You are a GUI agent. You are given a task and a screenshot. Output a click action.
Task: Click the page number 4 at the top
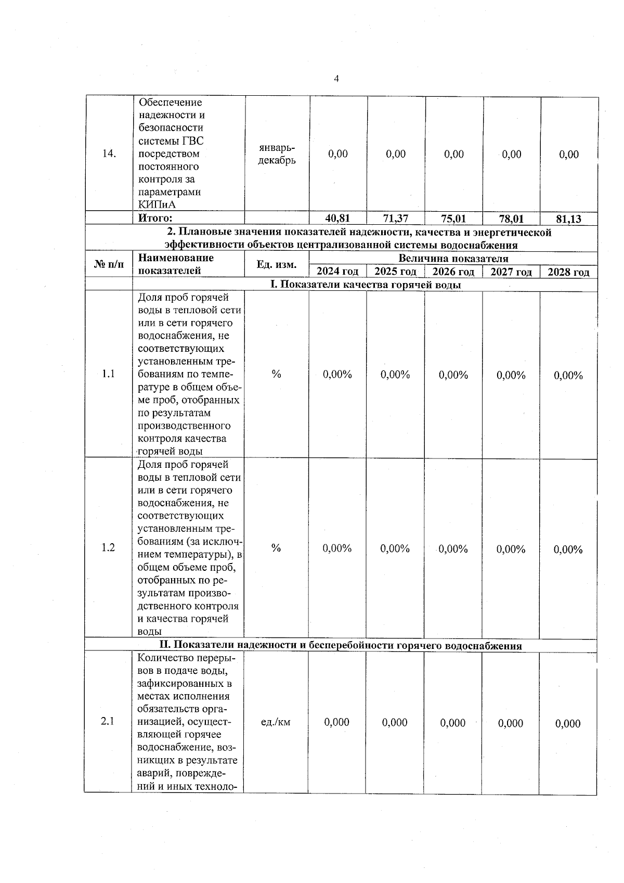pos(336,79)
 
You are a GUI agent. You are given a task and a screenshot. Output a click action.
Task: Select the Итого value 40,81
pos(337,219)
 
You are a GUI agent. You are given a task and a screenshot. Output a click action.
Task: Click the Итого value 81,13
pos(568,219)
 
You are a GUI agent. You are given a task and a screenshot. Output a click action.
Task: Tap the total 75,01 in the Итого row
pos(453,219)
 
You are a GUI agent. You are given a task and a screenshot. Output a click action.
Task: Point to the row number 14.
pos(109,154)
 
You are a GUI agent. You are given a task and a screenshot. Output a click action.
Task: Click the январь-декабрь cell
pos(277,154)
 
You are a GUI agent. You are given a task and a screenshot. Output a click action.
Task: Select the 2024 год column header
pos(337,272)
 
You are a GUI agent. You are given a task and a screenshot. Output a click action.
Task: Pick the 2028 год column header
pos(568,272)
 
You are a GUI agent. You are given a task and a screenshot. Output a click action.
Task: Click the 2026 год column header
pos(453,272)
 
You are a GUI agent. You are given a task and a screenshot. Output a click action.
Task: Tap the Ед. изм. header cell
pos(277,265)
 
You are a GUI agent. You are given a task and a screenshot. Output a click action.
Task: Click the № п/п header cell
pos(109,265)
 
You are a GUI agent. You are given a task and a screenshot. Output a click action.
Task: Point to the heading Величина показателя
pos(453,259)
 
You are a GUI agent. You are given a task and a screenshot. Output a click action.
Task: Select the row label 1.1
pos(108,374)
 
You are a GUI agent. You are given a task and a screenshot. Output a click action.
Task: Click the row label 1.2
pos(108,548)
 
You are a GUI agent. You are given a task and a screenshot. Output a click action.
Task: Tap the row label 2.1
pos(108,722)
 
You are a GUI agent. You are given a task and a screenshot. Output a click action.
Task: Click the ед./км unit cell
pos(276,722)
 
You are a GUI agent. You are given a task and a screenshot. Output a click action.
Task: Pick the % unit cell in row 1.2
pos(276,548)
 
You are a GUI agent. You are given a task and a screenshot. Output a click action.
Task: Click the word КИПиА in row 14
pos(157,204)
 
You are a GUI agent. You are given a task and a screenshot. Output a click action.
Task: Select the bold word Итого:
pos(155,219)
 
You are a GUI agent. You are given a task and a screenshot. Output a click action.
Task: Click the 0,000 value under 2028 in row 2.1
pos(568,723)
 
